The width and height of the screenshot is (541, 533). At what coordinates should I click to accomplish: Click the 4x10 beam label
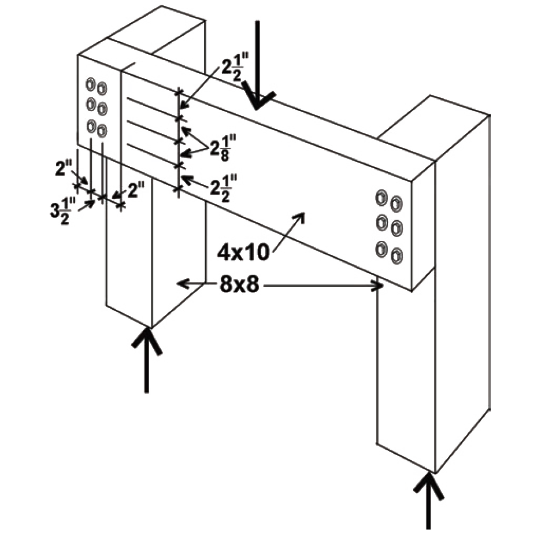click(243, 253)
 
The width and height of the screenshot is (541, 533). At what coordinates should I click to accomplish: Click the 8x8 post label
click(239, 284)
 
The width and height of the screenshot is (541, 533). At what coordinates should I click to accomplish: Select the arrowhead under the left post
click(147, 339)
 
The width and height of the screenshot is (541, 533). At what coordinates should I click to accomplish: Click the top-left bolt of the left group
click(90, 84)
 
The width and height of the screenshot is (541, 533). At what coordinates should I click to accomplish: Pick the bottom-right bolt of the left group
click(102, 131)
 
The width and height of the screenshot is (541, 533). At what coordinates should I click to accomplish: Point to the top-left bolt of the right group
click(381, 198)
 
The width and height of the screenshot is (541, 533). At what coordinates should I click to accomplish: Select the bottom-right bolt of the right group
click(397, 256)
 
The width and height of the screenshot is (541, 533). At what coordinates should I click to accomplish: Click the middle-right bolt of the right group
click(397, 228)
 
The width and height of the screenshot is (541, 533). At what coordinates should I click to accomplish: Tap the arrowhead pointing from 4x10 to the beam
click(299, 218)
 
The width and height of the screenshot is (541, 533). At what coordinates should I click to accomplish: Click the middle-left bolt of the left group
click(91, 104)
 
